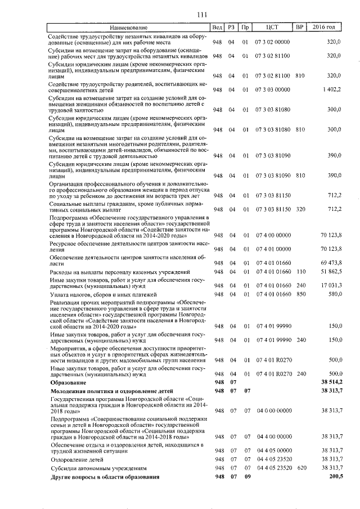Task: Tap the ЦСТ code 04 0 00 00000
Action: tap(273, 411)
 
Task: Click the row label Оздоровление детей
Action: tap(76, 458)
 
